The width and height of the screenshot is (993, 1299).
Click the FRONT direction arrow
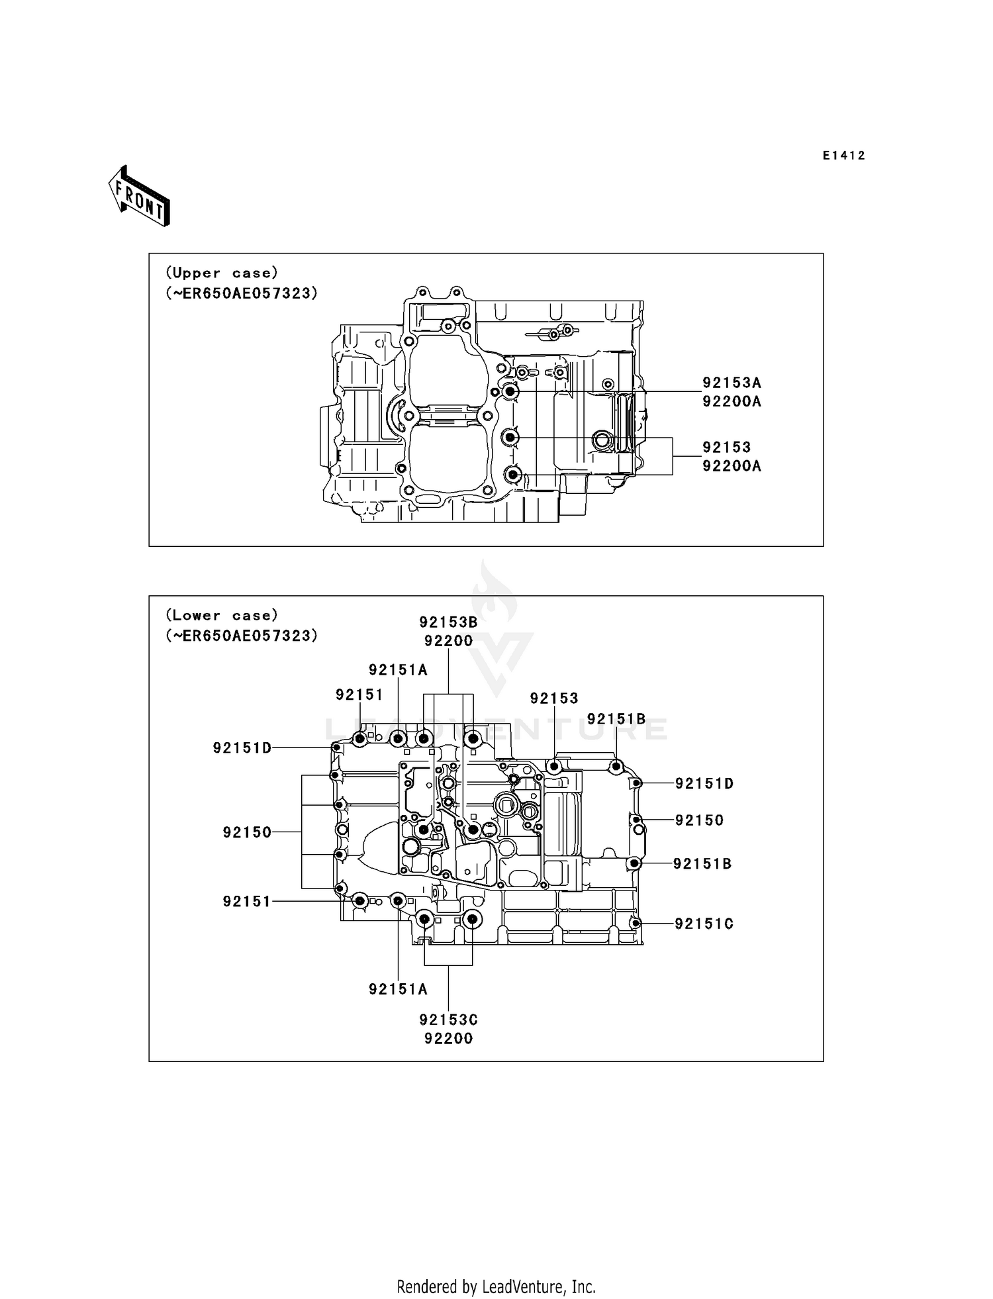tap(140, 197)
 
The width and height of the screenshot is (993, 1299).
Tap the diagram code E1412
tap(843, 156)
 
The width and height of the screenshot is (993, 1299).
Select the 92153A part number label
tap(732, 383)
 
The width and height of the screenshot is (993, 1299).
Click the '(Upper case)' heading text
tap(222, 273)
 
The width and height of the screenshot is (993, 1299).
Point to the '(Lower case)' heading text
tap(222, 615)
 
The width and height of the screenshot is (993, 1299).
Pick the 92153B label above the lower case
tap(448, 622)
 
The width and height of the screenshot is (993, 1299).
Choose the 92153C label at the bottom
tap(448, 1020)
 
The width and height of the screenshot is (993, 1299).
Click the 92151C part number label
tap(704, 924)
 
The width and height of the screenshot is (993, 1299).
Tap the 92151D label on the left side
tap(242, 748)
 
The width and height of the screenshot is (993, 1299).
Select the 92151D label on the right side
tap(704, 784)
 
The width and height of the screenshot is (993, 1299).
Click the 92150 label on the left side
tap(247, 832)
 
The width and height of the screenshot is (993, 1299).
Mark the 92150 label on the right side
tap(699, 820)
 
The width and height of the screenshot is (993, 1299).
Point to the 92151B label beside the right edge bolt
tap(702, 864)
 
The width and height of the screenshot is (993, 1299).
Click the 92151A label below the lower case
tap(398, 989)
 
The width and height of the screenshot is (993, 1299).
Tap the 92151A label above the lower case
tap(398, 670)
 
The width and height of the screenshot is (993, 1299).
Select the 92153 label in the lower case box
tap(554, 698)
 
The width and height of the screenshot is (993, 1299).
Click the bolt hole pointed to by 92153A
tap(510, 392)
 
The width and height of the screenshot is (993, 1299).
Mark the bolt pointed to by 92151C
tap(636, 924)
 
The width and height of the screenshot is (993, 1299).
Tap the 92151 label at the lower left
tap(247, 901)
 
